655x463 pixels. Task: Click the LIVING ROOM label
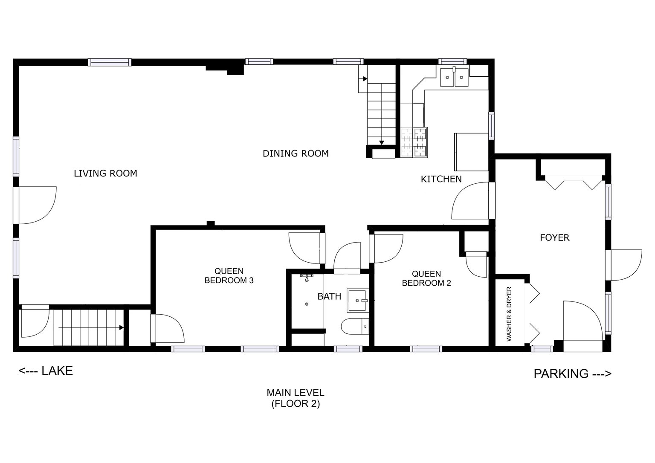coord(105,174)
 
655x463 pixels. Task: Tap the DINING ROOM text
coord(296,153)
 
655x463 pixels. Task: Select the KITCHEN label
coord(441,179)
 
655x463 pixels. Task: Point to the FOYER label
coord(554,237)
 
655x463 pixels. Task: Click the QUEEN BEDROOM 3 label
coord(229,276)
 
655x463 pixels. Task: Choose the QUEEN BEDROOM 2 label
coord(426,278)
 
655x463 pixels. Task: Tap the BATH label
coord(329,296)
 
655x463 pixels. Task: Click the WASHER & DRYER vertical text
coord(509,314)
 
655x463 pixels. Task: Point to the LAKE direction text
coord(46,371)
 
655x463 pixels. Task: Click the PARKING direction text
coord(572,374)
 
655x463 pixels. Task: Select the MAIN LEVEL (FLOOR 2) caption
coord(296,398)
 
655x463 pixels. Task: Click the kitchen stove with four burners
coord(414,143)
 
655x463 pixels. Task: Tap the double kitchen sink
coord(454,77)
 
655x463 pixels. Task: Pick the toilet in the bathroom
coord(354,327)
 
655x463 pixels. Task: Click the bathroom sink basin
coord(357,300)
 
